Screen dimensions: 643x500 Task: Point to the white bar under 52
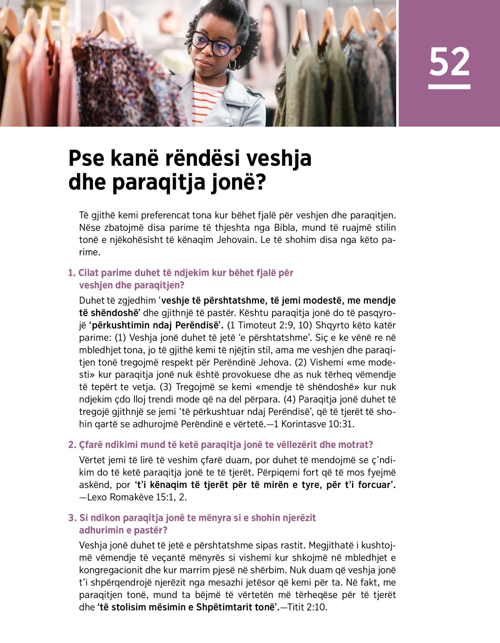tap(449, 87)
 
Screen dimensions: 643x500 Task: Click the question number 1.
tap(71, 273)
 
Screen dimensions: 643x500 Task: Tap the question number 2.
tap(72, 445)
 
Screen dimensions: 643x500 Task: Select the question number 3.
tap(72, 518)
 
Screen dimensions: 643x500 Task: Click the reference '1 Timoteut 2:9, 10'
tap(270, 325)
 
